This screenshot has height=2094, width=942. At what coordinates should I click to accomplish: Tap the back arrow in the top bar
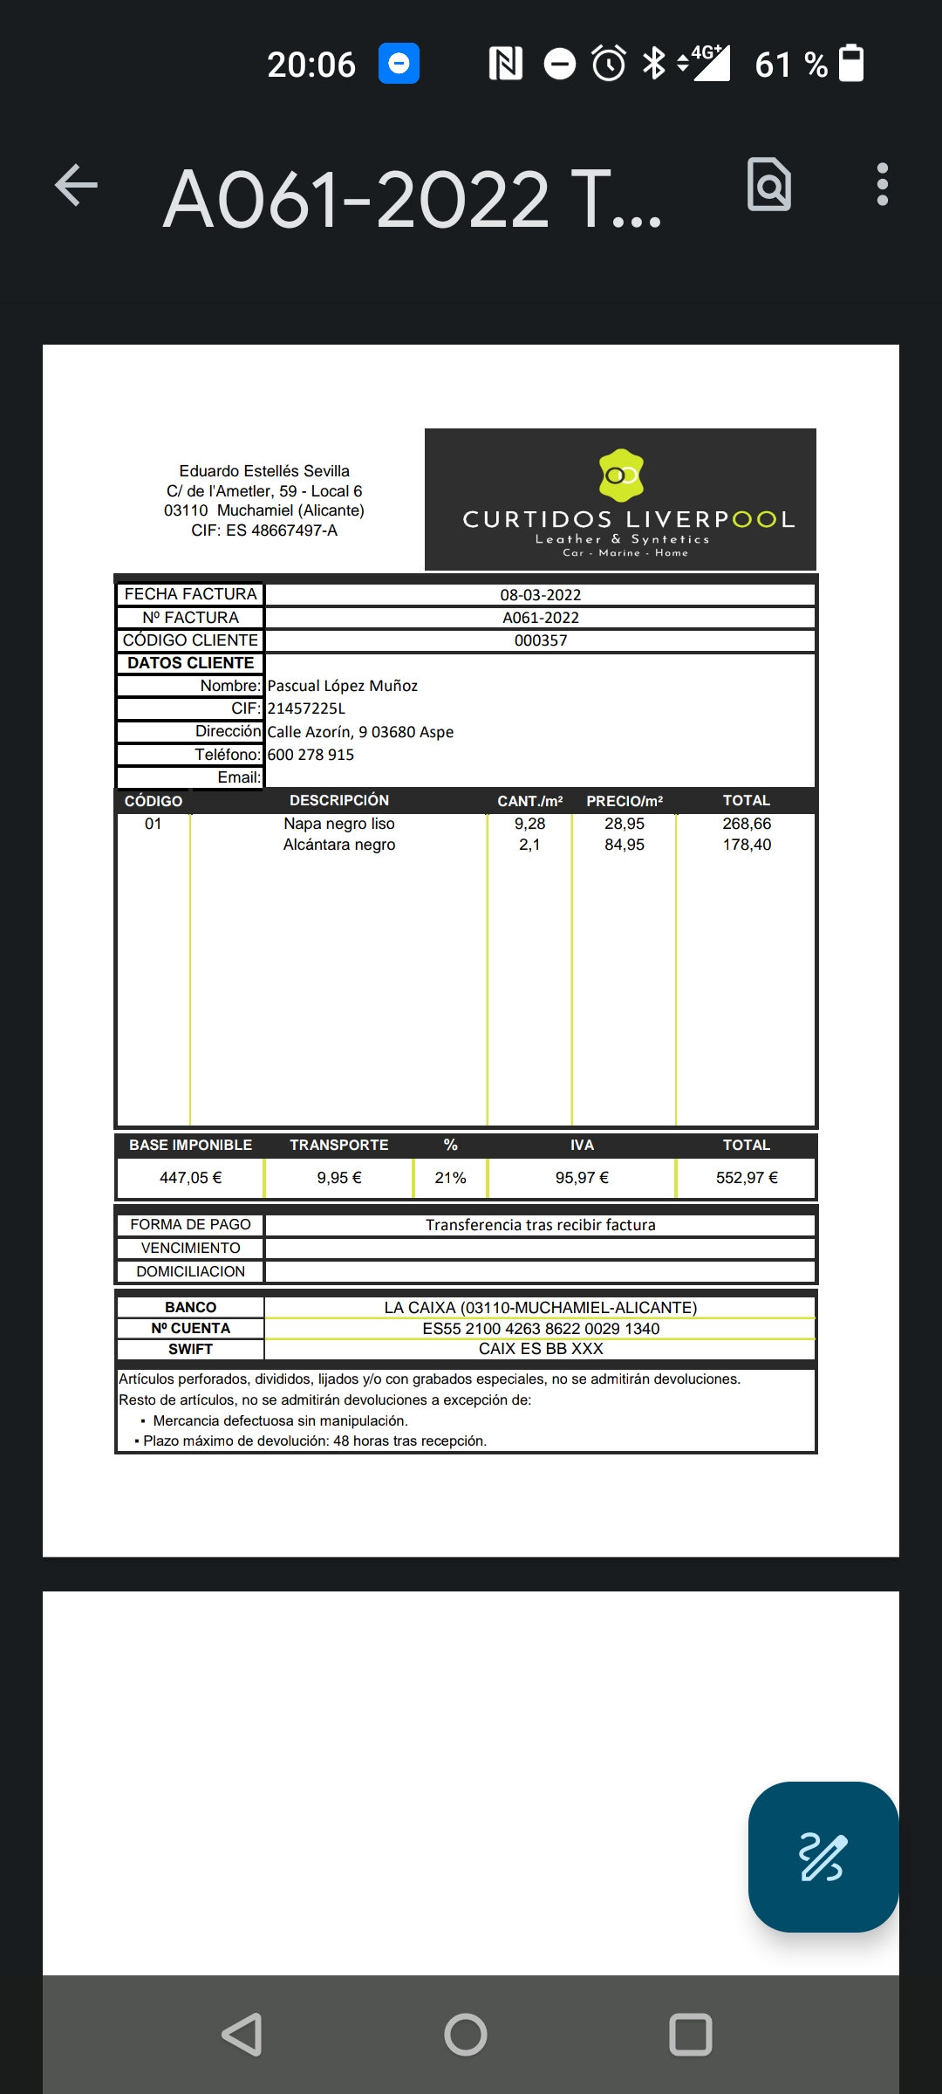(77, 185)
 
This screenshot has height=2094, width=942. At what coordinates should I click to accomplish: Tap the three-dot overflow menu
(882, 185)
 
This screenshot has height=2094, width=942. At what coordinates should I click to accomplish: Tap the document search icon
(769, 185)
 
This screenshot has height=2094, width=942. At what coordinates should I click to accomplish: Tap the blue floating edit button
(823, 1857)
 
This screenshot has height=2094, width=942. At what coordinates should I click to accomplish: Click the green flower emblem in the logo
(621, 476)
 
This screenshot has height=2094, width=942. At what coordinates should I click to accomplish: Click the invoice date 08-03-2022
(540, 595)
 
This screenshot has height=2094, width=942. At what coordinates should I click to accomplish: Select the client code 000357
(540, 640)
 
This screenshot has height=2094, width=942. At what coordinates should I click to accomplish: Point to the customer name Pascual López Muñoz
(342, 686)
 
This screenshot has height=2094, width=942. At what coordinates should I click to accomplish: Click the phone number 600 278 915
(311, 755)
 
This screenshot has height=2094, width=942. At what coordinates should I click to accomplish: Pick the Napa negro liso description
(339, 824)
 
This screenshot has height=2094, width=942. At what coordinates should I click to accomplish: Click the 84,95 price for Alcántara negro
(625, 845)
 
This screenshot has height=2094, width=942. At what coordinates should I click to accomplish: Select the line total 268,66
(747, 824)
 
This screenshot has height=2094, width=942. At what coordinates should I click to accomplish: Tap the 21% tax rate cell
(450, 1178)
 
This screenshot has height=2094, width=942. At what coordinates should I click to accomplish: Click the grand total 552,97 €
(747, 1178)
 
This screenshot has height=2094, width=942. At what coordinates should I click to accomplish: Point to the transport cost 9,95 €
(339, 1178)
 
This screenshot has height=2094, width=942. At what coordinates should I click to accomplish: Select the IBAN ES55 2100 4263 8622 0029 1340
(541, 1329)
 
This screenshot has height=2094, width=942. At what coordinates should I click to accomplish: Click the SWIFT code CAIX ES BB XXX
(541, 1349)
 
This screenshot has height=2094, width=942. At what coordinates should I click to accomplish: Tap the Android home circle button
(466, 2035)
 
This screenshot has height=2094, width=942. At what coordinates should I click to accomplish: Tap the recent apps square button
(690, 2035)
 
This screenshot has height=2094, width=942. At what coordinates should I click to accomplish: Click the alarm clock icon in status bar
(609, 64)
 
